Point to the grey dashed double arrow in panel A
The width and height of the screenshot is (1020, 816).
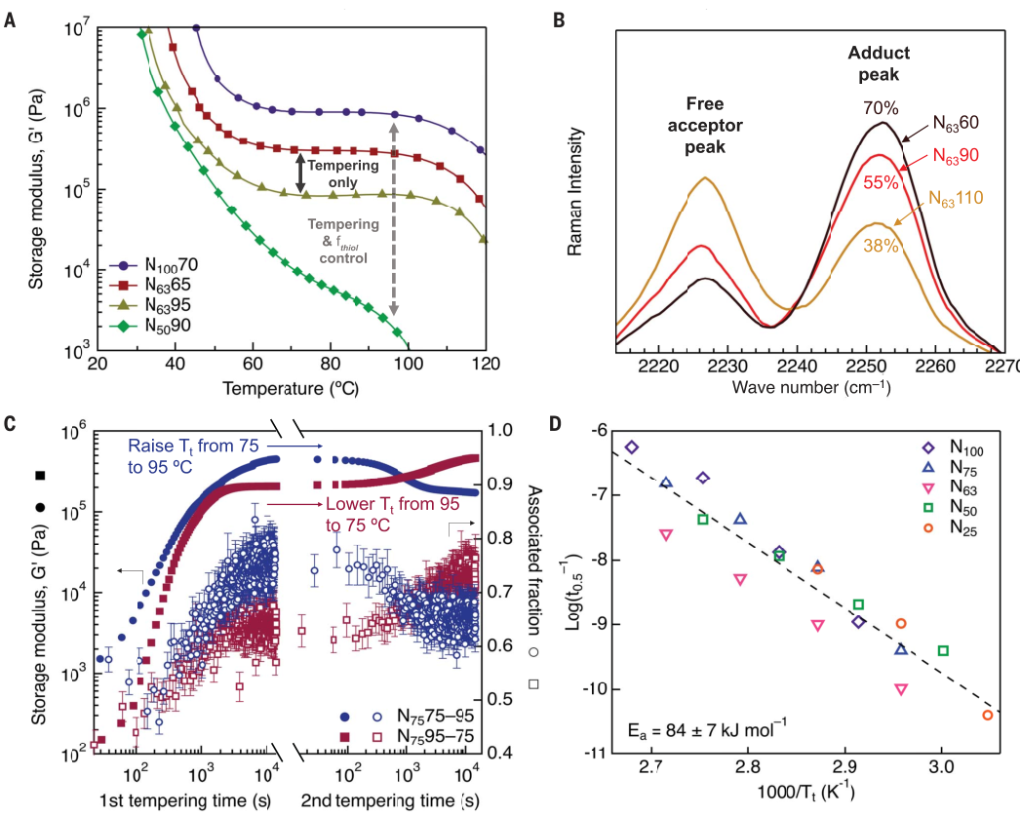tap(394, 218)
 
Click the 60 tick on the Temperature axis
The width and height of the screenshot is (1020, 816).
tap(253, 364)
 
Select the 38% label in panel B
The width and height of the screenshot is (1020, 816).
tap(882, 248)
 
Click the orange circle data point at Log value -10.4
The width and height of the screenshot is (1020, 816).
tap(987, 715)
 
